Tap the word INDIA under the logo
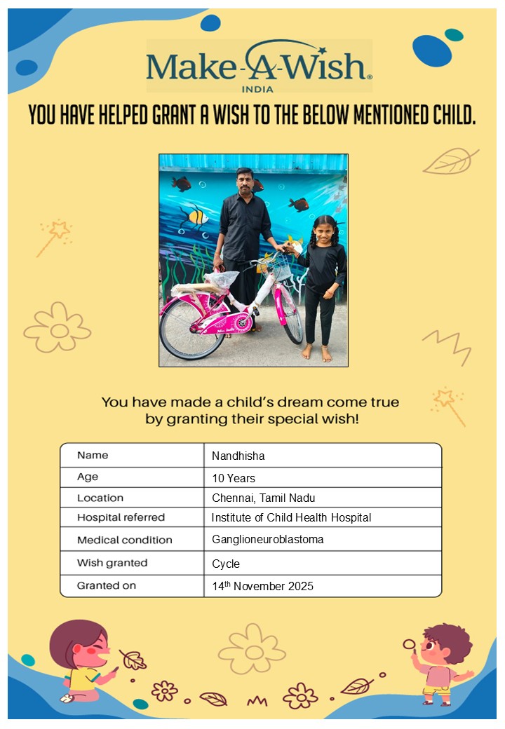(257, 89)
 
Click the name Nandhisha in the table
(238, 456)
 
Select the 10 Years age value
(234, 479)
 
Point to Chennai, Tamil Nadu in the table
(263, 498)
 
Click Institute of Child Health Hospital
(291, 518)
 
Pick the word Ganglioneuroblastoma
(267, 540)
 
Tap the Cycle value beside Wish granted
(226, 564)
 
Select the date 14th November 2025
(262, 586)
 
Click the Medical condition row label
(124, 540)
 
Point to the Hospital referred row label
(121, 518)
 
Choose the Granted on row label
(107, 585)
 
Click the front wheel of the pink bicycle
(290, 319)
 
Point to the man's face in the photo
(245, 182)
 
